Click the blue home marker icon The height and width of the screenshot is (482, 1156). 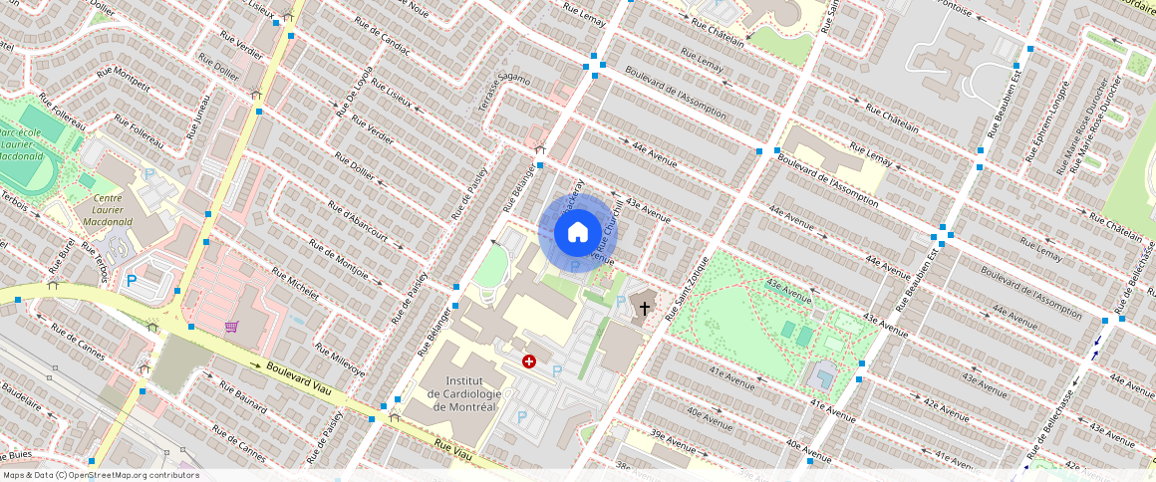(577, 232)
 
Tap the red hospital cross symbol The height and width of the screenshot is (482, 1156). (528, 361)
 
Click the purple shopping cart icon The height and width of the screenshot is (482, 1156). (232, 327)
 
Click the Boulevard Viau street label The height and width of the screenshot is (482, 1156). (299, 377)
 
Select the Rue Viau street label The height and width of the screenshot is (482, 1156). (452, 451)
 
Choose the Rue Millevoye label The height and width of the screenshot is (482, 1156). (340, 360)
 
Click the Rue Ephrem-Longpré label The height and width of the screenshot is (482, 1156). (1044, 120)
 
